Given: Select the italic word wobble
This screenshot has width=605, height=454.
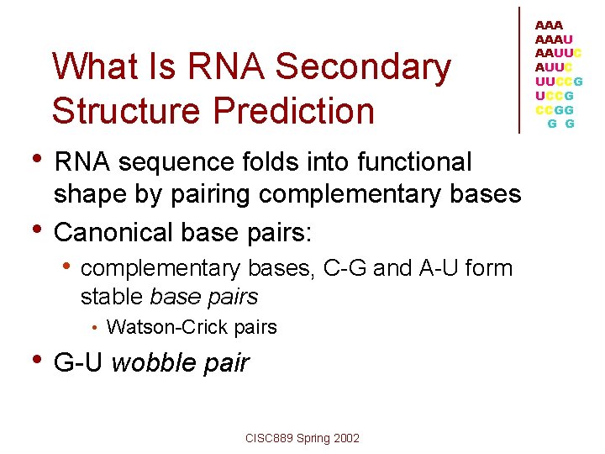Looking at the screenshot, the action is tap(151, 363).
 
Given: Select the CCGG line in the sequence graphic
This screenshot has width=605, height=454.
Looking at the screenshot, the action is tap(555, 109).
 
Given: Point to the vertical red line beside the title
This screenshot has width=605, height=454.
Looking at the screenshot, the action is tap(520, 69).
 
